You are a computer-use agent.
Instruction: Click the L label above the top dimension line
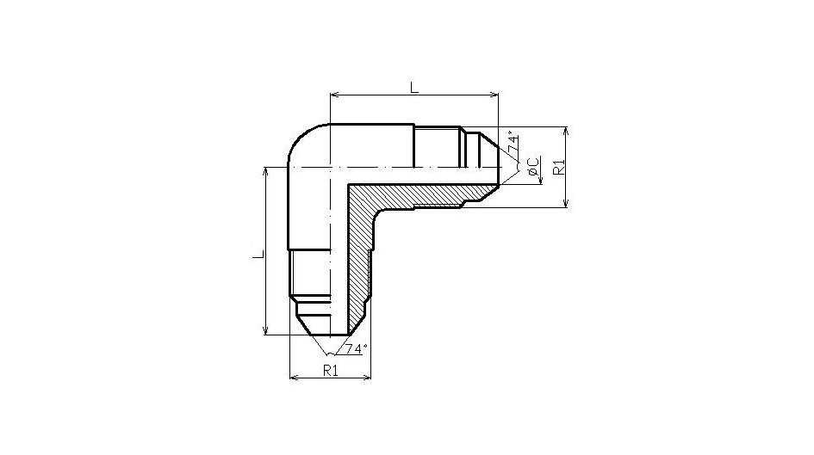(413, 87)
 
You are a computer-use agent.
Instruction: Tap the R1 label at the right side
(558, 168)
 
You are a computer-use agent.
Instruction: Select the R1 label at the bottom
(330, 370)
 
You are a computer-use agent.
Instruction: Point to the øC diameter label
(532, 166)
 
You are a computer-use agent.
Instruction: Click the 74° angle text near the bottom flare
(356, 348)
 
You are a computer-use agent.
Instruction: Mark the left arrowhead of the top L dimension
(335, 95)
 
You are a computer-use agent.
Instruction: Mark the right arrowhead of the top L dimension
(494, 95)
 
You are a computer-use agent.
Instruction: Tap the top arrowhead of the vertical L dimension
(266, 171)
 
